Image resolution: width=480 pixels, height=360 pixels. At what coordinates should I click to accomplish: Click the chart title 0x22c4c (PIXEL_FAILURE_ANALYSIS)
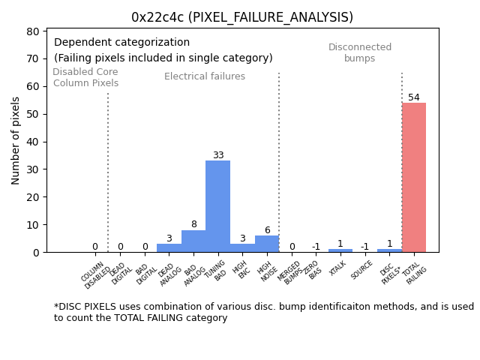[241, 17]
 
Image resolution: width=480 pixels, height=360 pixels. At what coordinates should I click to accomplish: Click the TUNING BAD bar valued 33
[217, 206]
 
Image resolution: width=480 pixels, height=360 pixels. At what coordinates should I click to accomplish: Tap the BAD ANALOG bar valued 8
[193, 241]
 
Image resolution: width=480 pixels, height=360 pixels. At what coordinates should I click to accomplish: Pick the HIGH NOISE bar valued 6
[267, 244]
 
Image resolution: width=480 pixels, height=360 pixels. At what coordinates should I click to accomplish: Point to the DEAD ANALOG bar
[169, 247]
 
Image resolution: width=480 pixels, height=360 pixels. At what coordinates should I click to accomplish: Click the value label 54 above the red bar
[414, 97]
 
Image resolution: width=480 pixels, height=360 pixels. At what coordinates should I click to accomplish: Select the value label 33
[218, 155]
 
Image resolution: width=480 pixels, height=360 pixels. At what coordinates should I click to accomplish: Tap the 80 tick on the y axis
[34, 32]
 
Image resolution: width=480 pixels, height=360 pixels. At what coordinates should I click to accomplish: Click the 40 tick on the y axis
[34, 142]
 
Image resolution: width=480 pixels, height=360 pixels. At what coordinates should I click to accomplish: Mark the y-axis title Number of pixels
[16, 140]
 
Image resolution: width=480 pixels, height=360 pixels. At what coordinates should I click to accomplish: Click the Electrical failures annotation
[205, 76]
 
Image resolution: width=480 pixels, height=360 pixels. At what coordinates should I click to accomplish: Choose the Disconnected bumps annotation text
[360, 52]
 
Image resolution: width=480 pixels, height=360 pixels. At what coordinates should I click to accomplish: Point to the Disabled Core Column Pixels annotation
[85, 77]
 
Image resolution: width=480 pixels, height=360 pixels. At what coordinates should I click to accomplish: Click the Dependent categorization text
[121, 43]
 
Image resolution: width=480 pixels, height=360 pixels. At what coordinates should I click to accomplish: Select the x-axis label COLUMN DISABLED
[94, 275]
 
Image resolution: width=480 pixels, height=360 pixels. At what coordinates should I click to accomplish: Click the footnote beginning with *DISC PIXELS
[263, 312]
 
